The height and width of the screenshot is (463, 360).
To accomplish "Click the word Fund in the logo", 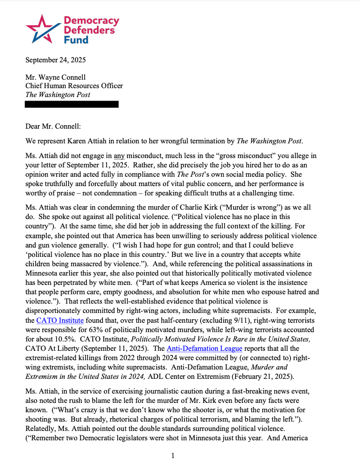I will [x=76, y=40].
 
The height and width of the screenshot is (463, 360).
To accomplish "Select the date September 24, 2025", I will [x=55, y=60].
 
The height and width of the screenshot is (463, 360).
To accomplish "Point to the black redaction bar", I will [x=72, y=104].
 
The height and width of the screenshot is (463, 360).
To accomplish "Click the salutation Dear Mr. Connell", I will [x=53, y=126].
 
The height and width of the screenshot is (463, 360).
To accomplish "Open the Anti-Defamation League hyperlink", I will [x=205, y=349].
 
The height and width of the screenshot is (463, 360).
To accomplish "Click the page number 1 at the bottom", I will [x=173, y=455].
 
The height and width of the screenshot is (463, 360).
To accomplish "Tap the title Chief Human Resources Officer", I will [x=74, y=86].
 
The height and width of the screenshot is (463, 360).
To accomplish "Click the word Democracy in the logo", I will [x=92, y=21].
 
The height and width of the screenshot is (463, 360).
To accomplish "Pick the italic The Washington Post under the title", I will [x=57, y=94].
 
